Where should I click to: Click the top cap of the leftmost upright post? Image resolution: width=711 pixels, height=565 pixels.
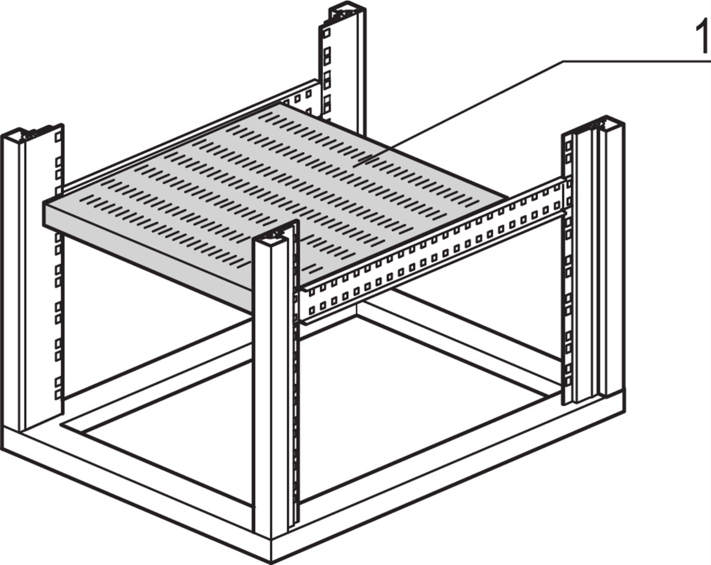pyautogui.click(x=30, y=134)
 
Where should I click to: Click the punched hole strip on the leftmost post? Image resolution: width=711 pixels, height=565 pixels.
pyautogui.click(x=57, y=267)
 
